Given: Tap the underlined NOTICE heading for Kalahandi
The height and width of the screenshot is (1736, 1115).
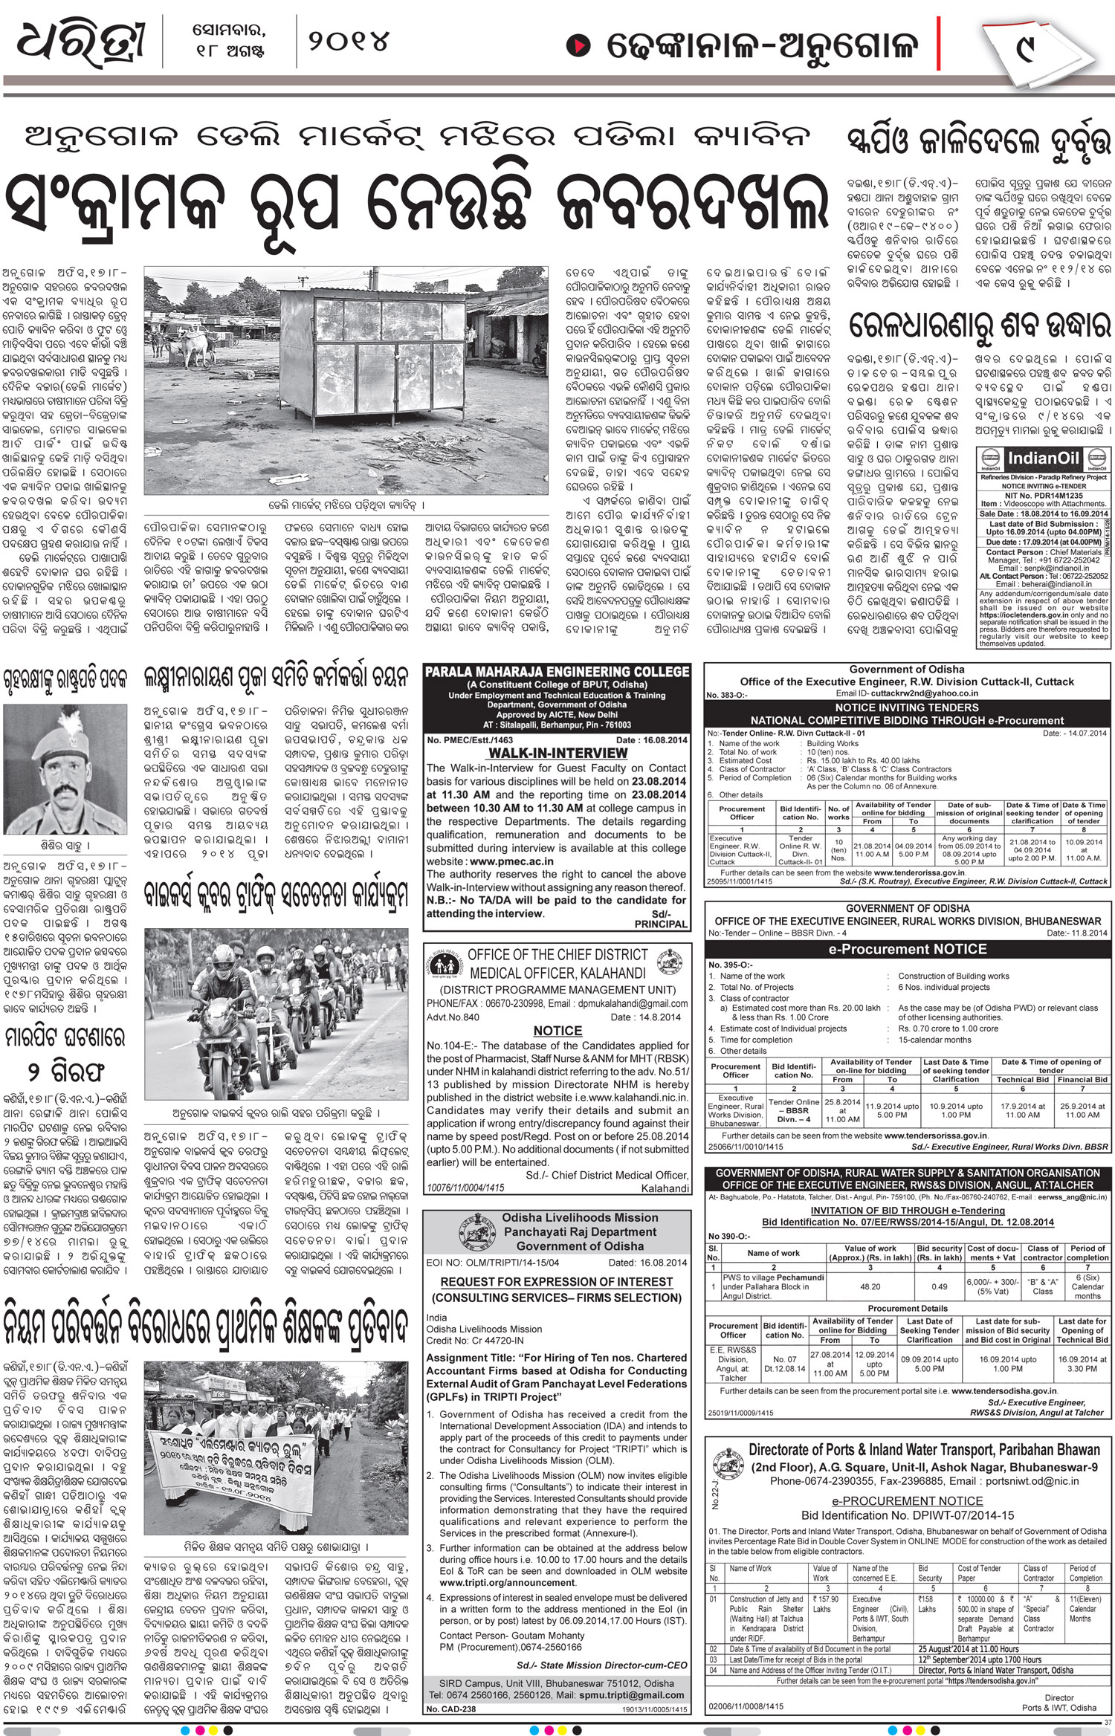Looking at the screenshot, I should (x=557, y=1031).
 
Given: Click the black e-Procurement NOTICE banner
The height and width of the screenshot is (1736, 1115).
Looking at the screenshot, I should (x=908, y=949).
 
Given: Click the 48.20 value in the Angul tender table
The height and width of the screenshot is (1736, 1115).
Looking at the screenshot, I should (x=870, y=1286).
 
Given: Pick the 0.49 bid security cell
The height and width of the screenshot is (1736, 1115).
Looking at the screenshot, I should (x=940, y=1286).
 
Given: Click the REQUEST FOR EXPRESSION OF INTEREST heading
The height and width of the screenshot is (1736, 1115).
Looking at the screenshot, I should (x=556, y=1282).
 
